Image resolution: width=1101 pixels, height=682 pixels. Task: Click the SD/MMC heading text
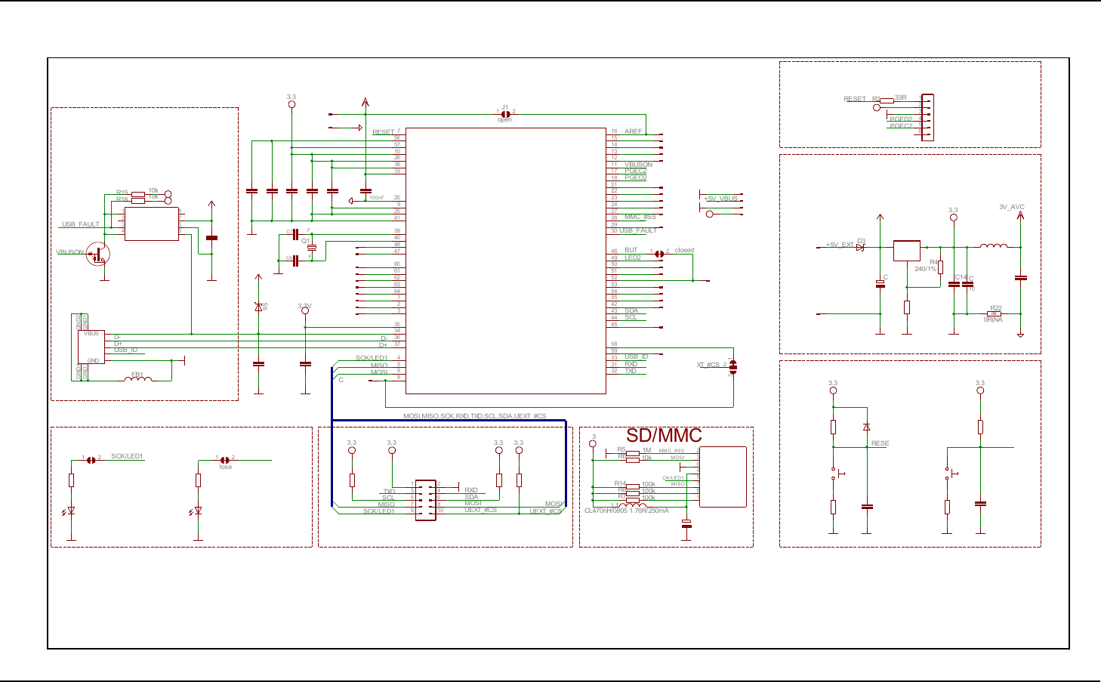point(664,436)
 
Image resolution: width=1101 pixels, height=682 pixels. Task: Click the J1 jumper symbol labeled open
point(505,114)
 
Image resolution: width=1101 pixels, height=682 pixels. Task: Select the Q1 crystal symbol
point(311,247)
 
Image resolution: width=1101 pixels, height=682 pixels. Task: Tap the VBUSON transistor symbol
point(97,254)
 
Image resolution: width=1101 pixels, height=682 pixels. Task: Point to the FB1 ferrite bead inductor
point(137,379)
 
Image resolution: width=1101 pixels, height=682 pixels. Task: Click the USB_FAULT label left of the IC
point(80,224)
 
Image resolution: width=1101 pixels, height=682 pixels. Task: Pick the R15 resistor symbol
point(137,194)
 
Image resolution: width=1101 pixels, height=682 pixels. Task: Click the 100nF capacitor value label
point(376,198)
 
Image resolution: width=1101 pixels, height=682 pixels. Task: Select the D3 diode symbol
point(860,247)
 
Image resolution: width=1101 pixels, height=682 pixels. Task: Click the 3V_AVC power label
point(1012,207)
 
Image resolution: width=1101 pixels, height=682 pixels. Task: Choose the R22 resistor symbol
point(995,313)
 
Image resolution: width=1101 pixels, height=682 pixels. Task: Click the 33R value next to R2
point(901,97)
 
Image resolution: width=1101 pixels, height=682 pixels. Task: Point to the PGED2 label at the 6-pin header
point(901,119)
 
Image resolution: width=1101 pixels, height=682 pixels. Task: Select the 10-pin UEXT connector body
point(425,499)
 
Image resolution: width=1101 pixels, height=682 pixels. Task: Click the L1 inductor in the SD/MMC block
point(633,505)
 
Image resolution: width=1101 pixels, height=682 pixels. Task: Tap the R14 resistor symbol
point(633,486)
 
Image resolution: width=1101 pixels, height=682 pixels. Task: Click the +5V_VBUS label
point(720,199)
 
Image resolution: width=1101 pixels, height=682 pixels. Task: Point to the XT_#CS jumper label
point(708,365)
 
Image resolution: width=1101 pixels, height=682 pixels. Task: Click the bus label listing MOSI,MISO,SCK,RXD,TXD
point(474,416)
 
